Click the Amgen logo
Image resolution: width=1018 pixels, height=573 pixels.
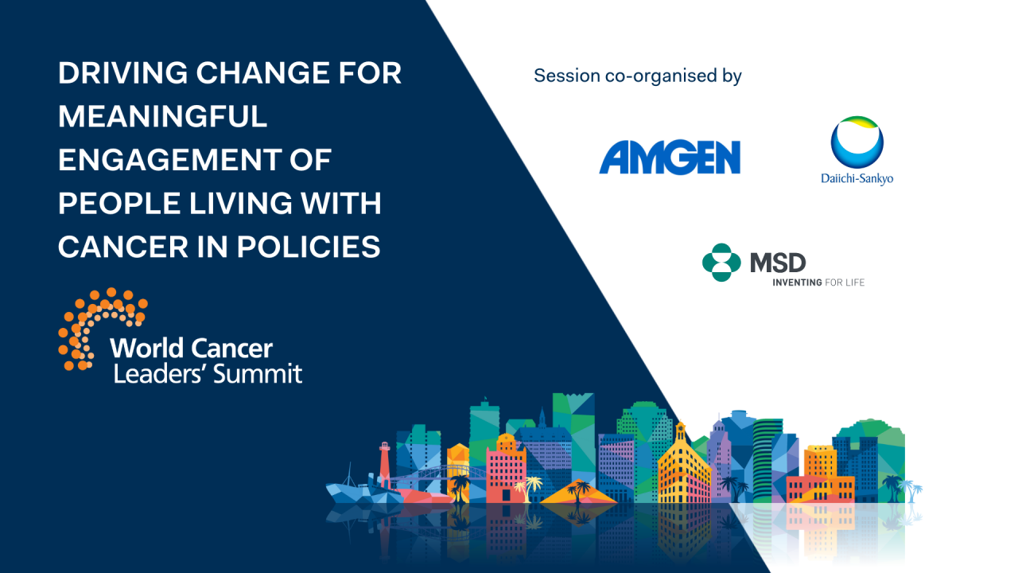pyautogui.click(x=670, y=158)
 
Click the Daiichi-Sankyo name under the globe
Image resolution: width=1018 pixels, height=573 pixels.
pyautogui.click(x=857, y=178)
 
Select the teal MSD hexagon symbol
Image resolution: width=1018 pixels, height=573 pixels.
pyautogui.click(x=721, y=263)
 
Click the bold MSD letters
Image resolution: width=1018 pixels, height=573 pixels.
pyautogui.click(x=778, y=262)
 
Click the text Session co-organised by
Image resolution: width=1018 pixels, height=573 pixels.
pyautogui.click(x=637, y=76)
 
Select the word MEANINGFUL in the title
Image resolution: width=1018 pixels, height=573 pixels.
pyautogui.click(x=162, y=117)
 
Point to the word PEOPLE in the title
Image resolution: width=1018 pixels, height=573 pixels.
pyautogui.click(x=111, y=204)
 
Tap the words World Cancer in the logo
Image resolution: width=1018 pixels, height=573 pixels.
pyautogui.click(x=191, y=348)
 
